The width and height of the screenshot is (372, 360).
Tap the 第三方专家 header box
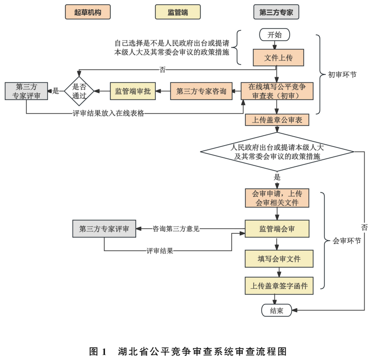click(x=276, y=13)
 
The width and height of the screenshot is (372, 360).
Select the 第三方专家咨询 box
click(x=201, y=91)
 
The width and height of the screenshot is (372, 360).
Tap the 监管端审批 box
click(x=133, y=91)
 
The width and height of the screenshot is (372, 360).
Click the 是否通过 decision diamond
click(x=79, y=91)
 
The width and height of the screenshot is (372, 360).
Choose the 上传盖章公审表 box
click(x=276, y=120)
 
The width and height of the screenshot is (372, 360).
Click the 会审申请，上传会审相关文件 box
click(x=276, y=198)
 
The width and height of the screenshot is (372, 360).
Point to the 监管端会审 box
click(x=276, y=229)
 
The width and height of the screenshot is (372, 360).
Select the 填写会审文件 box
click(x=279, y=258)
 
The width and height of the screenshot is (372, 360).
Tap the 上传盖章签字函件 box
click(x=279, y=286)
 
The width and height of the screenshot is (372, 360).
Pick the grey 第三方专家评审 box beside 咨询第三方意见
click(x=104, y=229)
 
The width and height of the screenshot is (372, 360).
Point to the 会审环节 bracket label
click(x=347, y=241)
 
